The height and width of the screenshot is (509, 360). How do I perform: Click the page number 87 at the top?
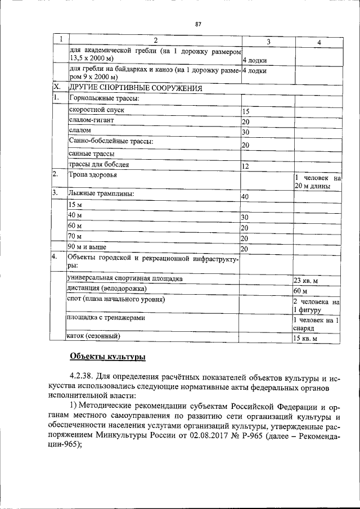(x=198, y=24)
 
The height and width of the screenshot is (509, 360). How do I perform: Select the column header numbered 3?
(x=268, y=42)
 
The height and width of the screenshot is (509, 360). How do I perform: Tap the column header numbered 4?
(x=318, y=42)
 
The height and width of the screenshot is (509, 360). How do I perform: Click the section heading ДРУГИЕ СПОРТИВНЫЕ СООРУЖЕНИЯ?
(x=135, y=88)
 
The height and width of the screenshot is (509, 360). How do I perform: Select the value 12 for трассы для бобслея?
(x=245, y=166)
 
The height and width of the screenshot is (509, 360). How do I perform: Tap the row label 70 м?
(x=75, y=236)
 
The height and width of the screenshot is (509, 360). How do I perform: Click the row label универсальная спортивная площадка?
(x=124, y=278)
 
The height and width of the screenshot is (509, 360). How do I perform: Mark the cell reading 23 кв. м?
(x=306, y=281)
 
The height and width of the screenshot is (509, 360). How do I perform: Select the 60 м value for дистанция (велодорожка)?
(x=300, y=291)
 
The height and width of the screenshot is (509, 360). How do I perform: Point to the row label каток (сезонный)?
(x=94, y=336)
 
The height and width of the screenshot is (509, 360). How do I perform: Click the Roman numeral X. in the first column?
(x=56, y=88)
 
